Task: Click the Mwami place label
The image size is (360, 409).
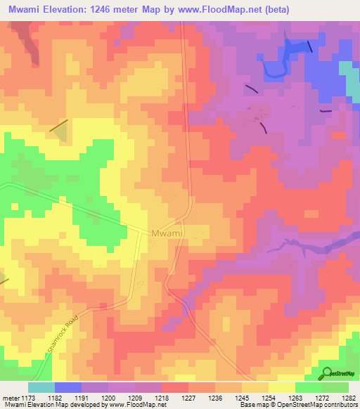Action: click(x=168, y=233)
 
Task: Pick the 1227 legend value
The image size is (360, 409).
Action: click(x=188, y=398)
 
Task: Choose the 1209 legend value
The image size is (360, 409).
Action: click(x=134, y=398)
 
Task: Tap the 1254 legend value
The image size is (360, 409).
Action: click(x=268, y=398)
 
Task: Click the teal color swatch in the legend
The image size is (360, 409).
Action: click(x=41, y=387)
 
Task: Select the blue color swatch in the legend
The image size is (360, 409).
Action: click(x=68, y=387)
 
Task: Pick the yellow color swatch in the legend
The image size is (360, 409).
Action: click(x=281, y=387)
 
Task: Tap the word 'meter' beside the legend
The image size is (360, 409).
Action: click(x=11, y=398)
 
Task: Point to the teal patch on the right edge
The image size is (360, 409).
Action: click(x=349, y=77)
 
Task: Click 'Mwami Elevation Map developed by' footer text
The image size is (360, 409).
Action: click(x=42, y=405)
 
